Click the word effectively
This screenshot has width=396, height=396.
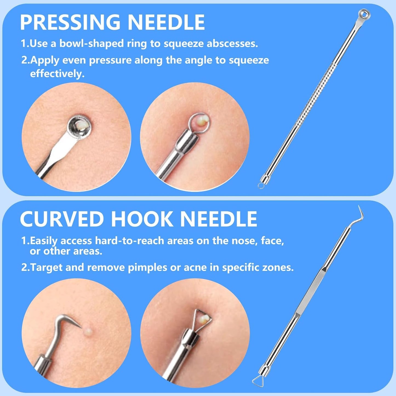[x=57, y=73]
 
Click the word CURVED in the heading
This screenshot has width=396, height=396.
[x=62, y=219]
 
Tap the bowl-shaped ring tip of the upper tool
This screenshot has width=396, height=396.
[x=364, y=14]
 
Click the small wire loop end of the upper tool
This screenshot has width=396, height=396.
[x=261, y=186]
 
